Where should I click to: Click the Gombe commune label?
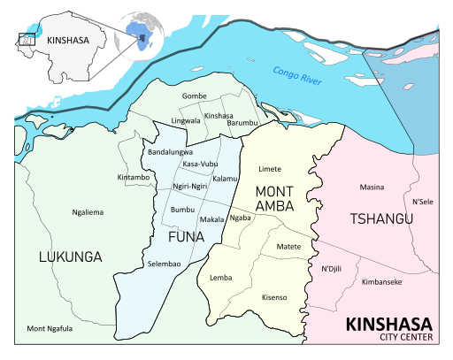(194, 96)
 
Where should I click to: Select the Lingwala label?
(186, 120)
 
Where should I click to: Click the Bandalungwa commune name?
(169, 152)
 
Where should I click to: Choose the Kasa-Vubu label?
(200, 165)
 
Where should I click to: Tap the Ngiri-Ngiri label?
(189, 187)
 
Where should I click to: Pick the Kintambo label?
(134, 178)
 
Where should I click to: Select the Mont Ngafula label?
(50, 329)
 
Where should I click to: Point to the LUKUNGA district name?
(70, 257)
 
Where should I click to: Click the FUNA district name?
(186, 237)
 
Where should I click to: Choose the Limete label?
(269, 168)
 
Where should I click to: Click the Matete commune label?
(289, 246)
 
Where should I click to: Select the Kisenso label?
(275, 298)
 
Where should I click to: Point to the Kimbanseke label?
(382, 282)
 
